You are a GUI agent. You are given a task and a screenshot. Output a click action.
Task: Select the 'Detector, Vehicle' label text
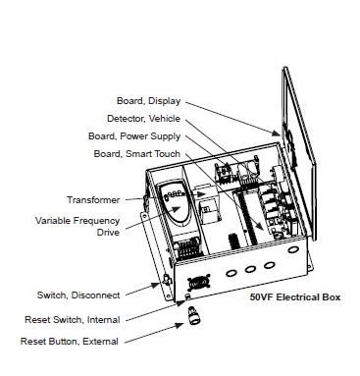point(145,119)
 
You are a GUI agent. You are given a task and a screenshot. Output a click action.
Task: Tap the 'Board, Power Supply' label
point(139,136)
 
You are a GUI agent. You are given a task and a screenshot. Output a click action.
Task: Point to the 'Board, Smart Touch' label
point(138,153)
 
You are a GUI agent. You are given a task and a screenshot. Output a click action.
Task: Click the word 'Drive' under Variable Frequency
point(108,233)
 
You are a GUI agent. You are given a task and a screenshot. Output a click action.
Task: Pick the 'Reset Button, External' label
point(69,342)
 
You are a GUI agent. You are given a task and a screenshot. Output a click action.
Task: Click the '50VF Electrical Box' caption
point(295,295)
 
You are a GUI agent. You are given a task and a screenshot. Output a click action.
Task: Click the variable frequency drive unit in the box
point(176,221)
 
